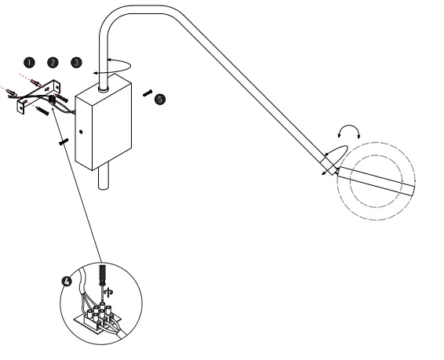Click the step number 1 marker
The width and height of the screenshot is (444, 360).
point(30,61)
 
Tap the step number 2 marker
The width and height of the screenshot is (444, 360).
point(53,61)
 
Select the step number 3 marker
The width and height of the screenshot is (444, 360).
point(75,61)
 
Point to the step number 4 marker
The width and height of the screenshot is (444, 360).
point(67,280)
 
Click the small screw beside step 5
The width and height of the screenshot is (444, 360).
point(147,92)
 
